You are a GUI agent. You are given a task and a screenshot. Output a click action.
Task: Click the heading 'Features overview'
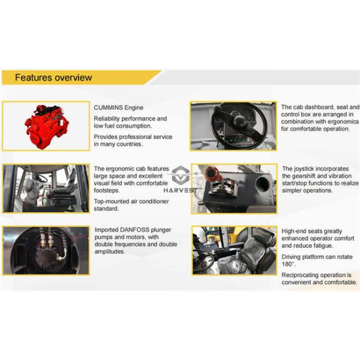(x=53, y=77)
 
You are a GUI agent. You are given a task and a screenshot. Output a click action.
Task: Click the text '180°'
(x=289, y=265)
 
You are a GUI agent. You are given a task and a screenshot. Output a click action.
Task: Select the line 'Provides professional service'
(x=133, y=137)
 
